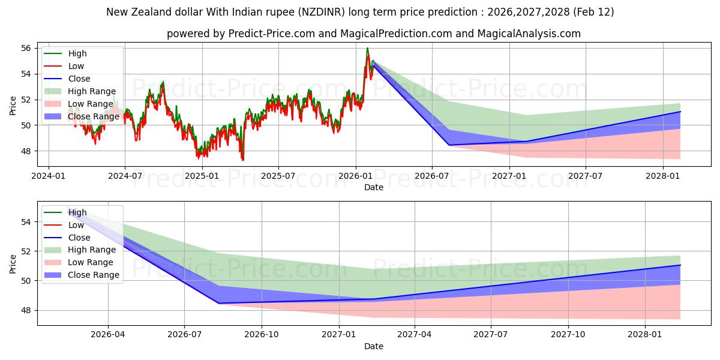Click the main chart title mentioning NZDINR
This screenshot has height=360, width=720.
coord(359,12)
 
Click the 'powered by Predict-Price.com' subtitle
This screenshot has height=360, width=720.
coord(373,34)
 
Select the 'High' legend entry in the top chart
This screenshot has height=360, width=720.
coord(77,53)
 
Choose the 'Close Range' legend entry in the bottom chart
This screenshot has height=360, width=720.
coord(94,275)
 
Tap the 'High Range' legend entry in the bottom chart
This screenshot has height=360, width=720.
coord(92,250)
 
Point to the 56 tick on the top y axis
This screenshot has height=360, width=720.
coord(26,48)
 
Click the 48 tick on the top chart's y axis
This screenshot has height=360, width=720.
coord(26,151)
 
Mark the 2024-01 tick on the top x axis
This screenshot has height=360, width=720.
coord(48,176)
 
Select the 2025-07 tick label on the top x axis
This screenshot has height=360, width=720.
coord(278,176)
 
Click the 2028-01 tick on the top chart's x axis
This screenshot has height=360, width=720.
coord(663,176)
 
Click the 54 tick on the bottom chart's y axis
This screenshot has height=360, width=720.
coord(26,222)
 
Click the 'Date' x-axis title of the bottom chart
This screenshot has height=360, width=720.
coord(373,346)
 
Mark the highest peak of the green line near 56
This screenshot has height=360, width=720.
coord(367,48)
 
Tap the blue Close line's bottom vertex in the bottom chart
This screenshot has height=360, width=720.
coord(218,303)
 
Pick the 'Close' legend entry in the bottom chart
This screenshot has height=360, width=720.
coord(79,238)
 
